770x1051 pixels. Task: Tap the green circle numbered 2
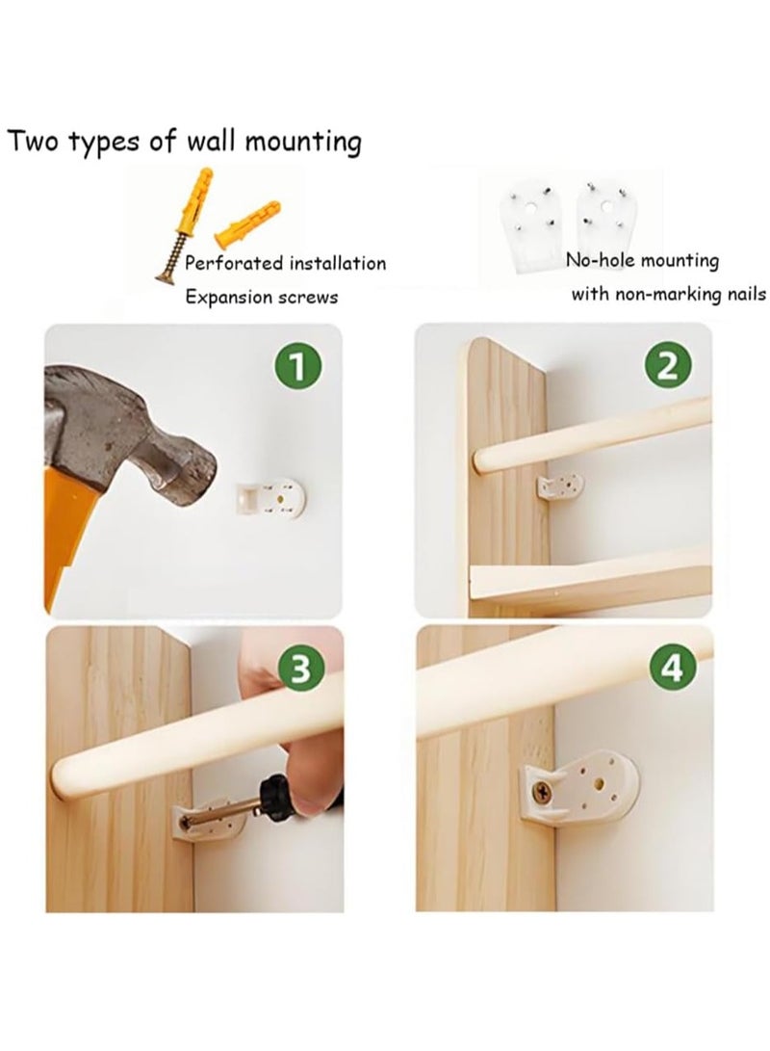668,367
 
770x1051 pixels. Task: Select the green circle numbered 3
302,670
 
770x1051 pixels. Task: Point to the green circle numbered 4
673,668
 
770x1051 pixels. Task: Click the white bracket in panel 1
270,498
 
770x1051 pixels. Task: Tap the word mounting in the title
302,143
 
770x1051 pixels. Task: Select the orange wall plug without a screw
246,221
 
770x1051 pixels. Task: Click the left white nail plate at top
534,227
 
